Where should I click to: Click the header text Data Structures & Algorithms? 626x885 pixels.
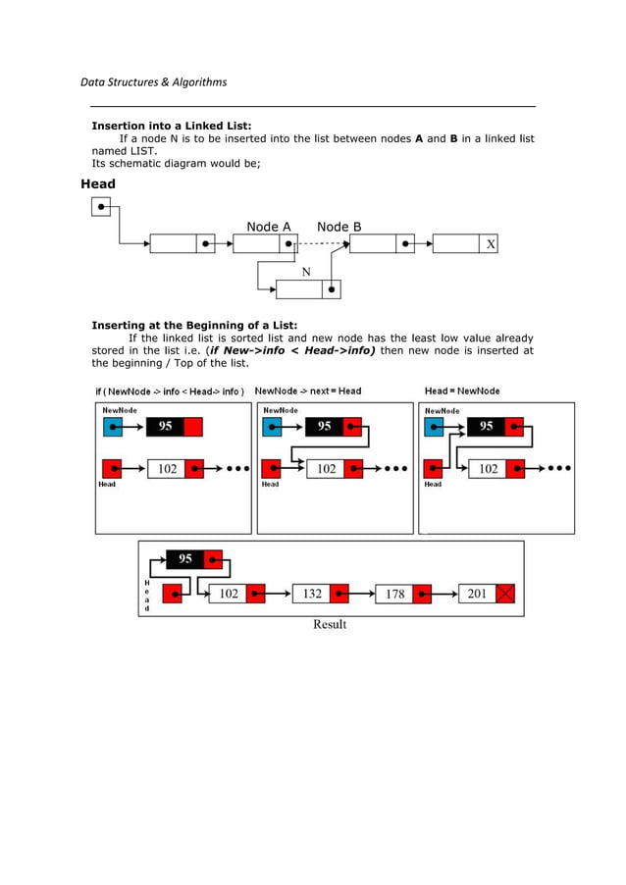(x=153, y=81)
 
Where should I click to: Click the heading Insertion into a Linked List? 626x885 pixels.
(x=172, y=126)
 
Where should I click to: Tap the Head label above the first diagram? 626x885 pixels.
(x=98, y=183)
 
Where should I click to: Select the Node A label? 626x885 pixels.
(x=268, y=227)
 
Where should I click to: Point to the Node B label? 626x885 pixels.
(x=339, y=227)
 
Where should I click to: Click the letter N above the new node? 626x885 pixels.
(x=306, y=272)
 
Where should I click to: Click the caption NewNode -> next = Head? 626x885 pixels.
(x=308, y=390)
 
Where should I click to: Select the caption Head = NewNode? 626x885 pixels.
(x=461, y=390)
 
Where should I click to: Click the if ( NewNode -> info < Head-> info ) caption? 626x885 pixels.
(x=170, y=390)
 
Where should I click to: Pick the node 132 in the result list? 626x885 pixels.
(x=312, y=594)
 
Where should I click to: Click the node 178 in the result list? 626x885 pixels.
(x=394, y=594)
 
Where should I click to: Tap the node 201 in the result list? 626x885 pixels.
(x=477, y=594)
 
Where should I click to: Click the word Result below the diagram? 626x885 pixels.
(x=330, y=624)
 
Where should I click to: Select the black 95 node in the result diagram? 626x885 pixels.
(x=184, y=559)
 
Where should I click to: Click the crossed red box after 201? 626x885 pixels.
(x=505, y=594)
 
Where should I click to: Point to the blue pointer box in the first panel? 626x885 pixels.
(x=111, y=426)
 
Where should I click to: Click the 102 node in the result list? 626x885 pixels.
(x=228, y=594)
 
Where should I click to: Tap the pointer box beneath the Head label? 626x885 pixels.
(x=100, y=206)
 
